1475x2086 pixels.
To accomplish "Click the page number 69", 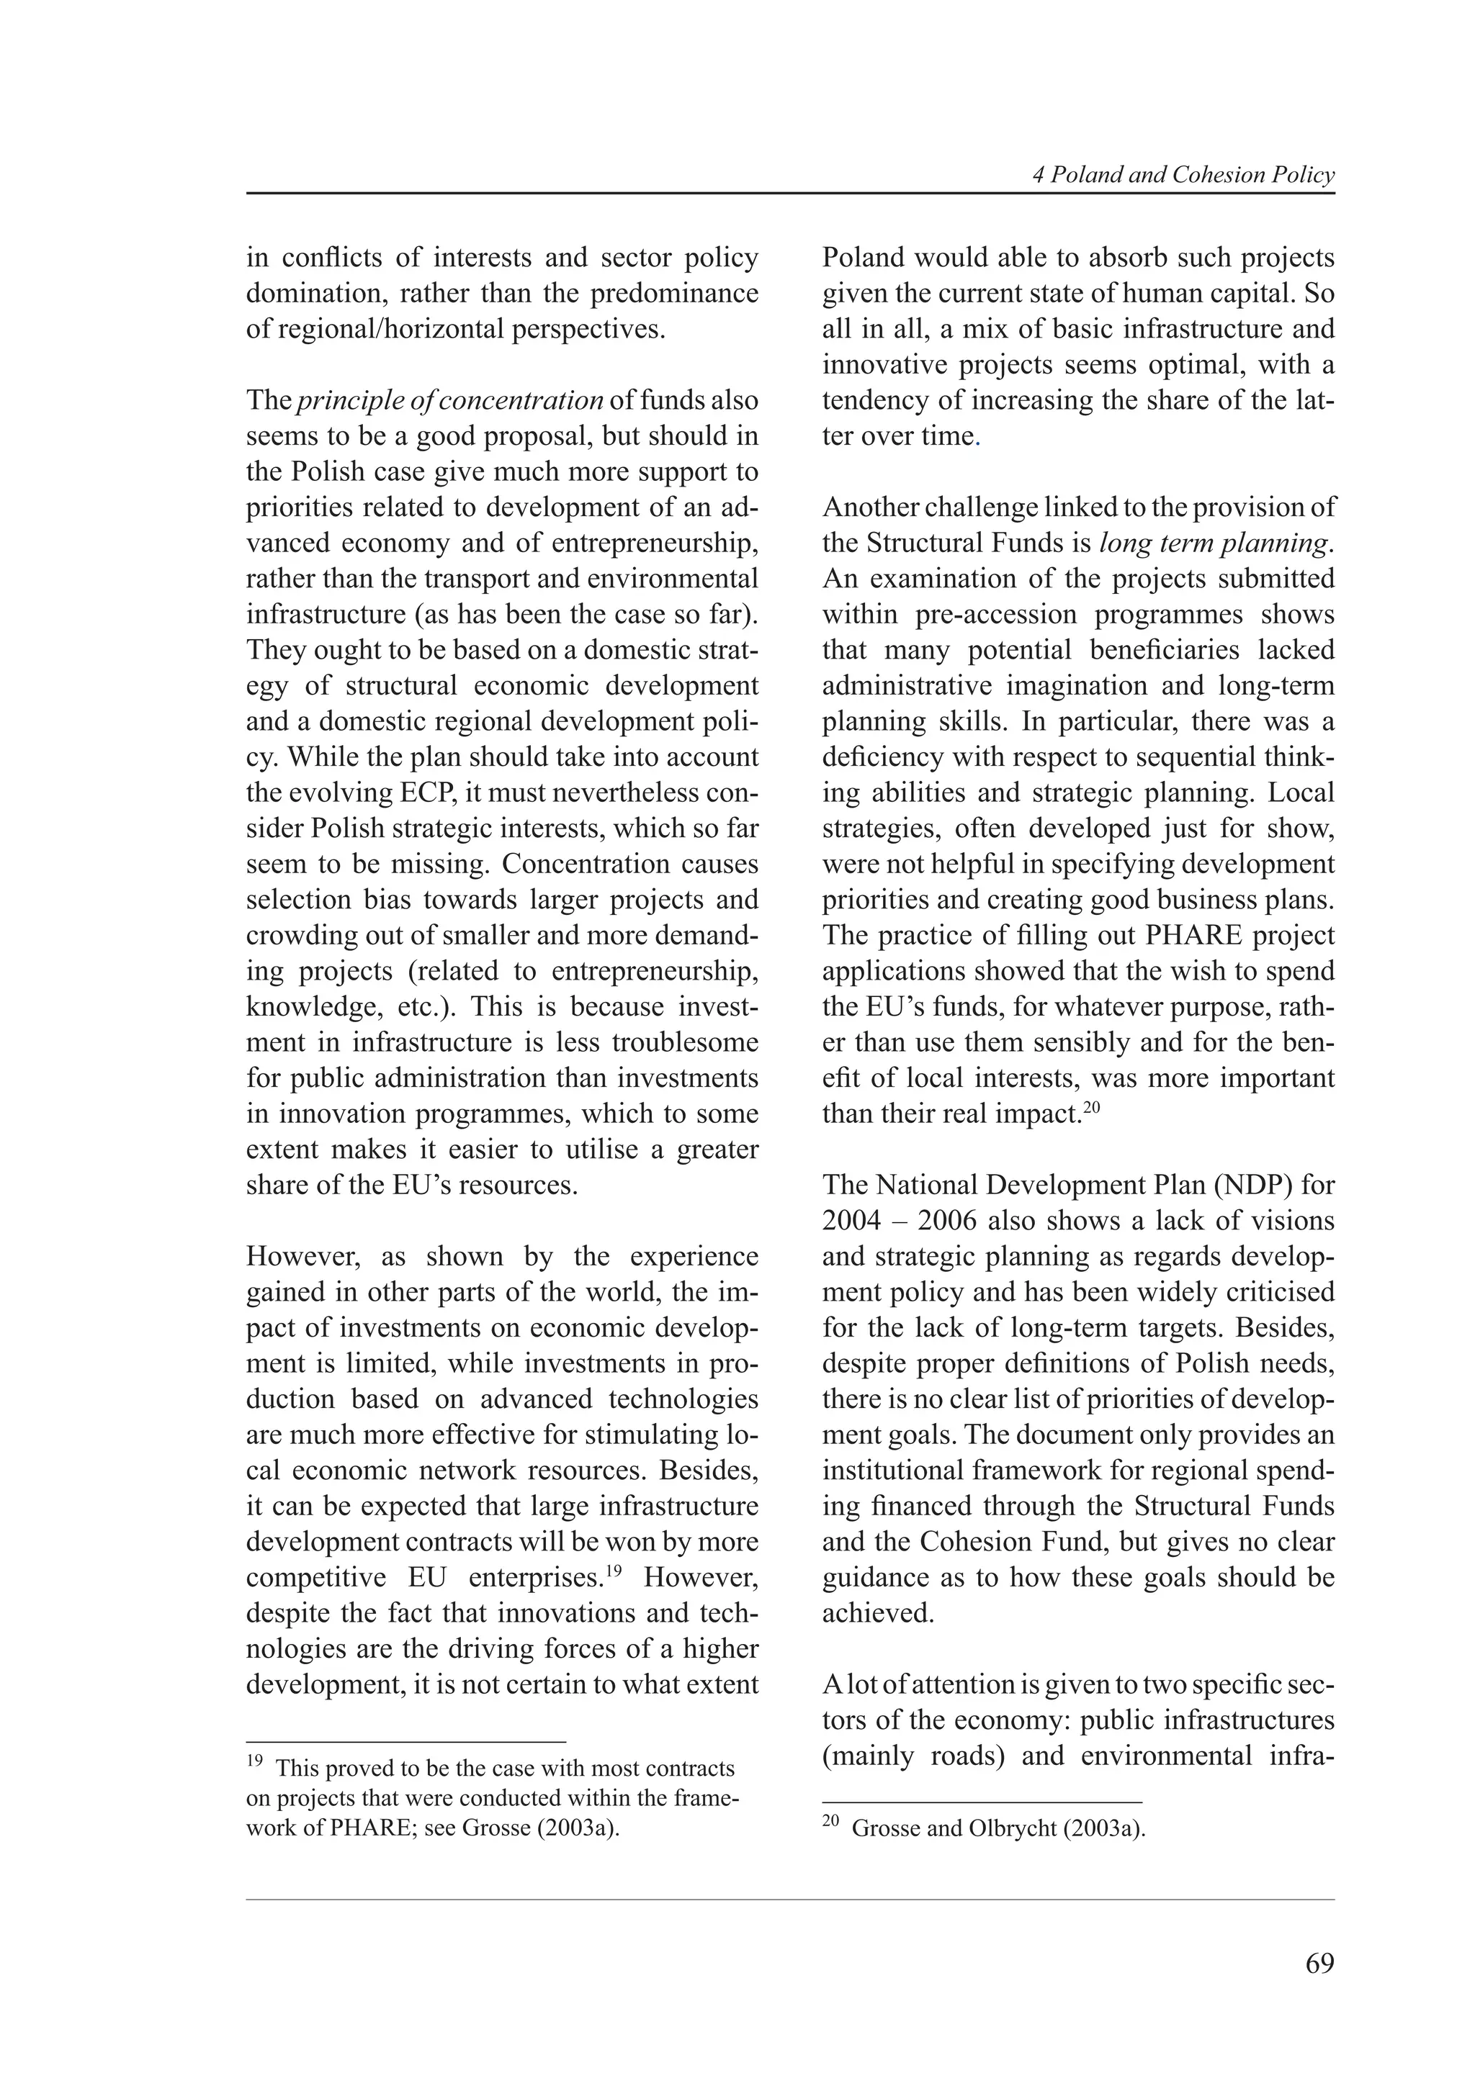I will click(x=1319, y=1964).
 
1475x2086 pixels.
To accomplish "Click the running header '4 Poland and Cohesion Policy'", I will click(x=1183, y=176).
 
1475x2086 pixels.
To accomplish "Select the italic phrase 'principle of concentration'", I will click(x=450, y=401).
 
